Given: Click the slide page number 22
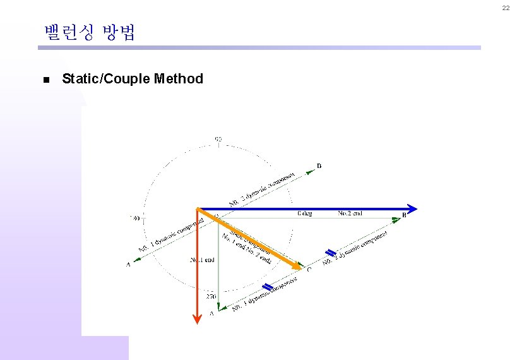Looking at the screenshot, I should [506, 8].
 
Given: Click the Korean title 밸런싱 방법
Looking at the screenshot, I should [90, 33].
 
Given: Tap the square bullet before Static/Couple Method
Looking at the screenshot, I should [45, 80].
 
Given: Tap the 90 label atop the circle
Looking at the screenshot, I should [218, 138].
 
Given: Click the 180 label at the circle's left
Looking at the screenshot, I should [134, 219].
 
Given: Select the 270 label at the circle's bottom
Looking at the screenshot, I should [211, 296].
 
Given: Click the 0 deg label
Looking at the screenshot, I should [304, 214].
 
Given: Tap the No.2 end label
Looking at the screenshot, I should [350, 213].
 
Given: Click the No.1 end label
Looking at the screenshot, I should [202, 260].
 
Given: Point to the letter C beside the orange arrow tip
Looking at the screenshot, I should [309, 270].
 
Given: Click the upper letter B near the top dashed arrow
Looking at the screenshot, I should [319, 166].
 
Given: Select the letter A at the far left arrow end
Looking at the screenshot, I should [128, 265].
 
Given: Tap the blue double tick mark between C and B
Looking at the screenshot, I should [329, 253].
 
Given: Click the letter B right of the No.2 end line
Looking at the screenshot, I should [404, 215].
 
